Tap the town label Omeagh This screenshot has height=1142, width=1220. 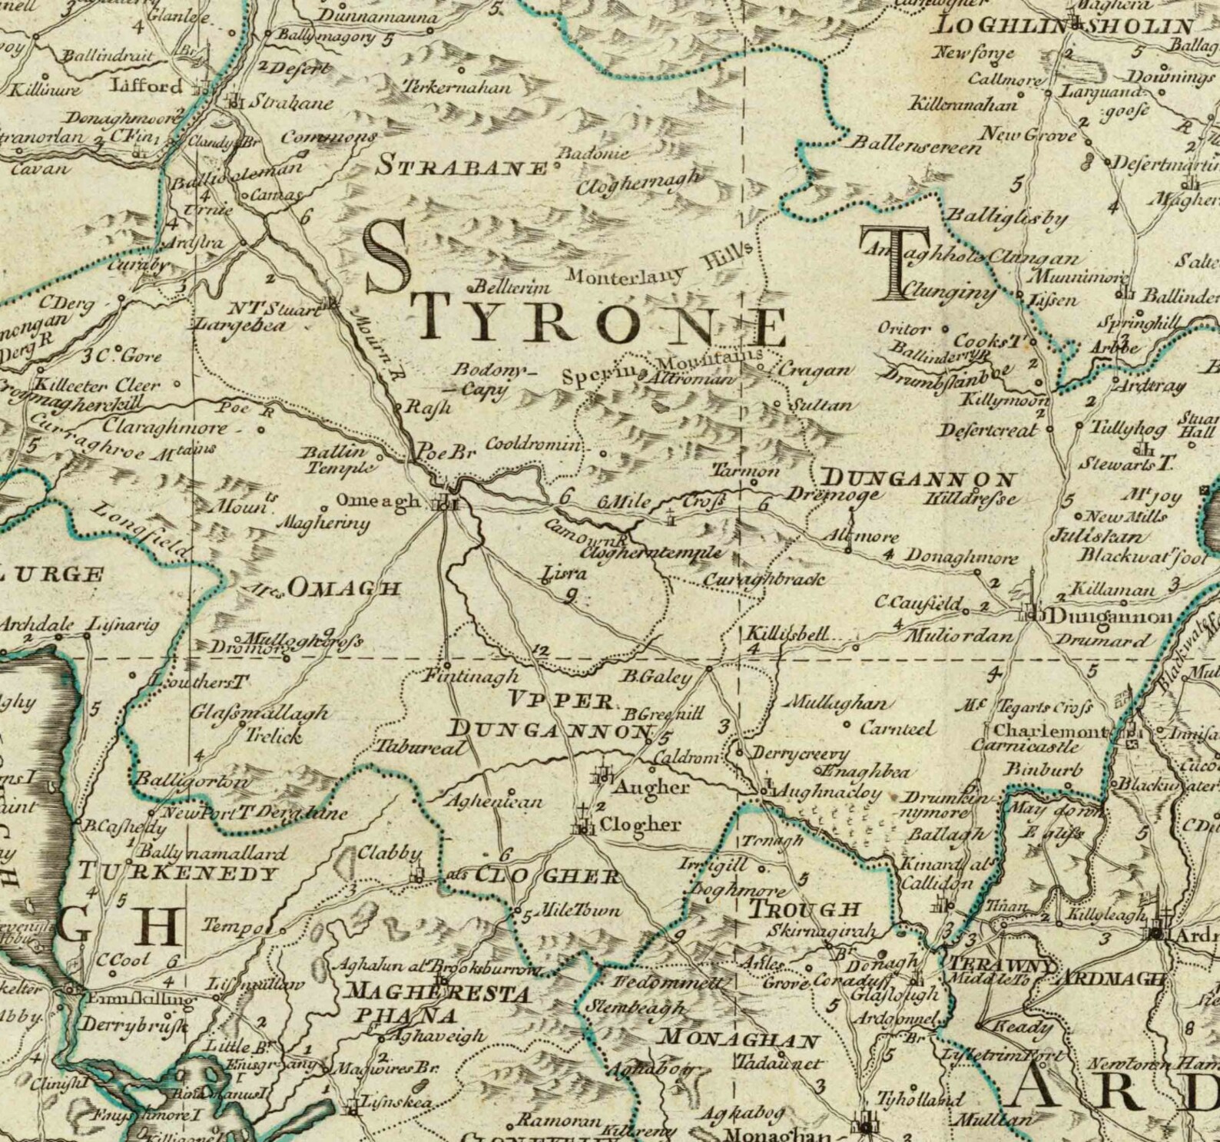[378, 501]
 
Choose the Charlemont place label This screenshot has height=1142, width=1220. [1051, 730]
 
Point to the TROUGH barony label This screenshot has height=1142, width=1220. [804, 909]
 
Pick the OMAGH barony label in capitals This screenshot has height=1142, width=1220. [344, 588]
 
